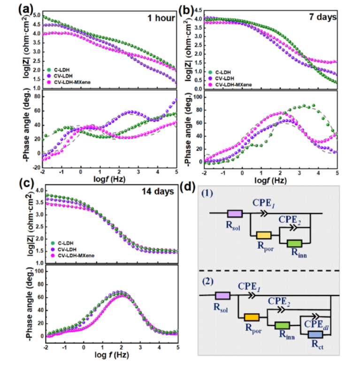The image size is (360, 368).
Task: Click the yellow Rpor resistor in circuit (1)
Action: (264, 235)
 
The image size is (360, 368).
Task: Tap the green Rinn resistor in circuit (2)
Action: (282, 324)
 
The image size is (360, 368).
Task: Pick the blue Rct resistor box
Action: (315, 335)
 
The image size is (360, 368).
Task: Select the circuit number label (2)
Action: (207, 284)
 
